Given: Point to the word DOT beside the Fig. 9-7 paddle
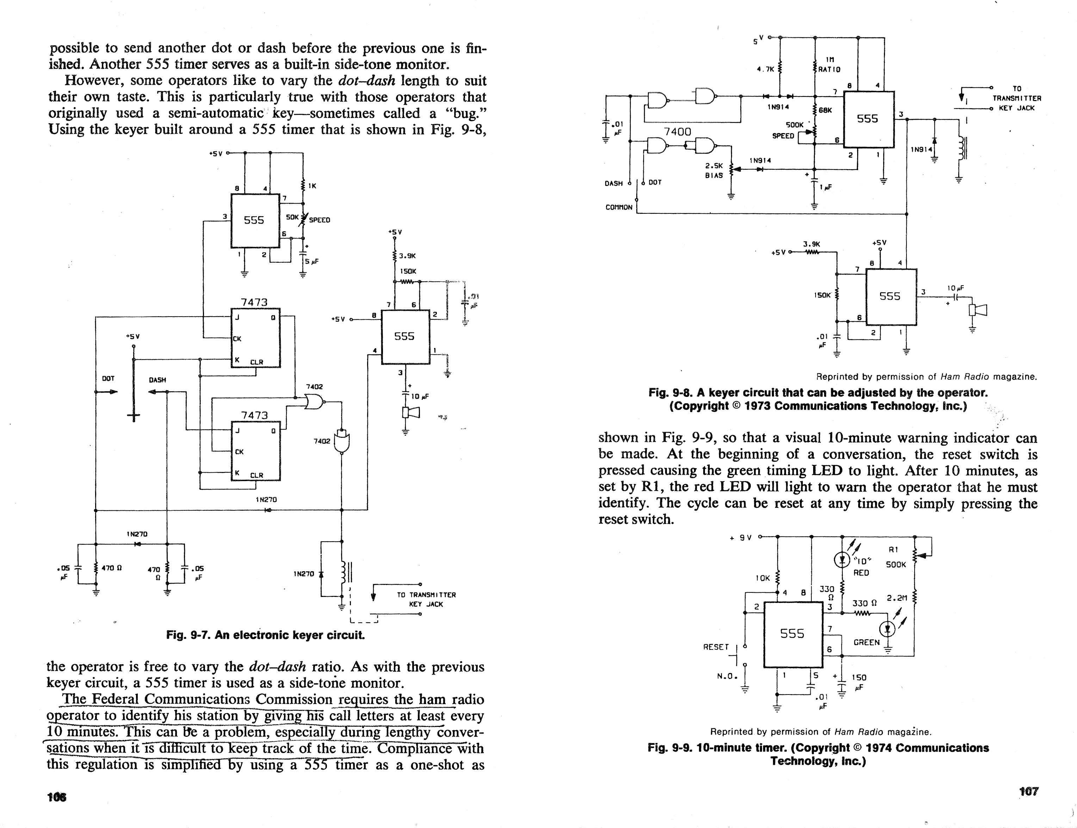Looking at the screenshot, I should click(108, 379).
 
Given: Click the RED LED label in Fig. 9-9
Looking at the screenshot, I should click(861, 573).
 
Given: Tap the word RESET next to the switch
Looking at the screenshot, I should click(716, 647).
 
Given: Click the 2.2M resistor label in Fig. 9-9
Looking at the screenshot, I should click(897, 598).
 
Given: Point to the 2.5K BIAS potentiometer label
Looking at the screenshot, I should click(714, 170).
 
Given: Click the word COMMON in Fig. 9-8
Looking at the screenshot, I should click(619, 207).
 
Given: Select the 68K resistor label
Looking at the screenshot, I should click(825, 110).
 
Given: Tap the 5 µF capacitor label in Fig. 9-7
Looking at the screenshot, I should click(312, 261).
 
